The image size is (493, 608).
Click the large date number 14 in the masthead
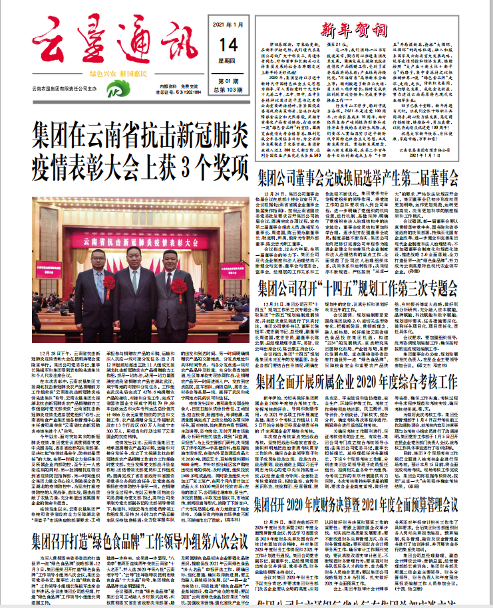pos(224,44)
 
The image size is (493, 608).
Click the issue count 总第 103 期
pos(224,89)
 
